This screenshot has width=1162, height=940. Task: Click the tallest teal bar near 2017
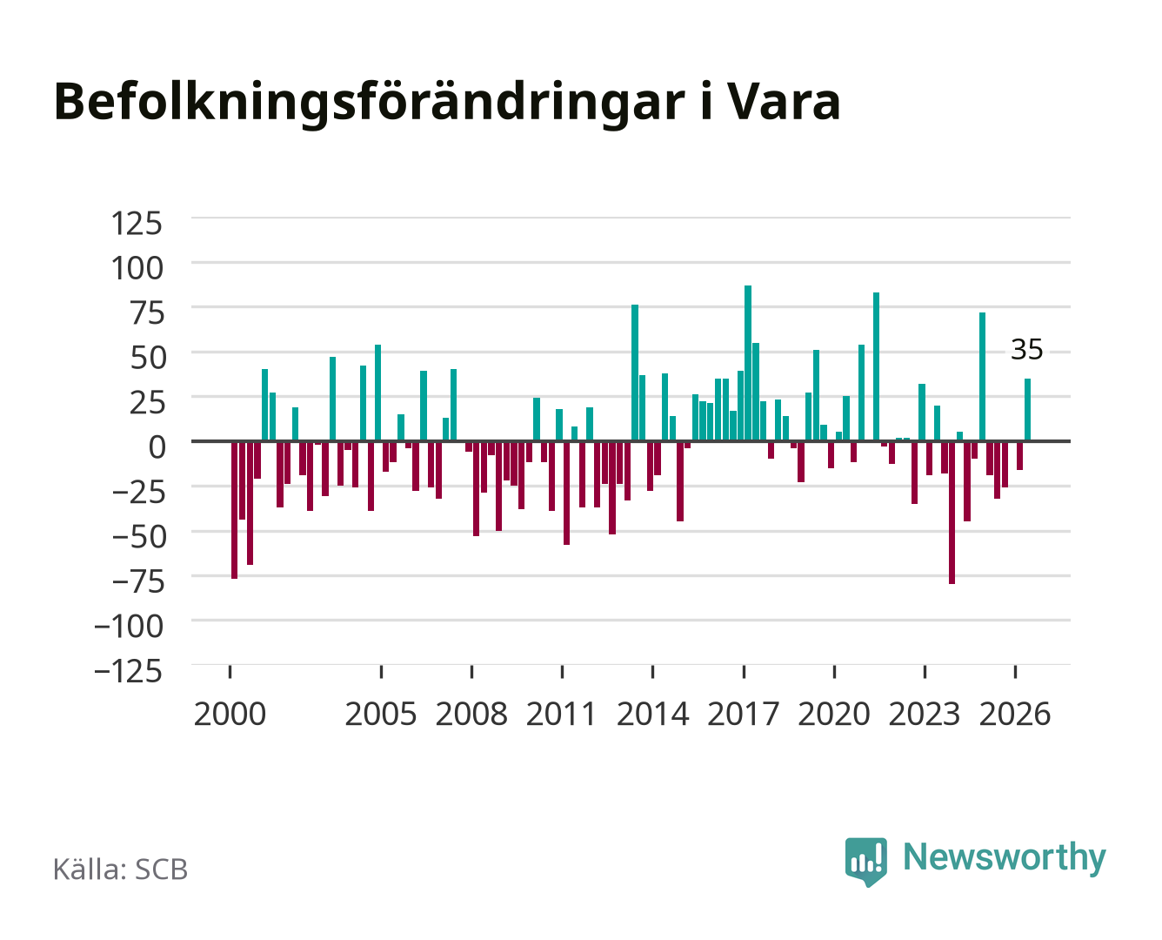click(x=747, y=363)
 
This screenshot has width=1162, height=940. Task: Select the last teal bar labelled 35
click(x=1027, y=409)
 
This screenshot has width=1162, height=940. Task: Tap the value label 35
click(x=1026, y=349)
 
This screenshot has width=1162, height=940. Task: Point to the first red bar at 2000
click(x=235, y=510)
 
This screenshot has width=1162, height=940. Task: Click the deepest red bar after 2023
click(x=952, y=513)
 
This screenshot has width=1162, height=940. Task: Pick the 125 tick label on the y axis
click(x=137, y=224)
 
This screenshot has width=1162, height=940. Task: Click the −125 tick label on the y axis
click(x=128, y=670)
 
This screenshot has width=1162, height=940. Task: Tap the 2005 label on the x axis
click(x=381, y=714)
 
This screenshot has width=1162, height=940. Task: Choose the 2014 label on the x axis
click(x=652, y=714)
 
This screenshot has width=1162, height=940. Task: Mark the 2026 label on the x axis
click(x=1015, y=714)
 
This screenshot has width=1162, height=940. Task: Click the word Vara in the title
click(x=785, y=102)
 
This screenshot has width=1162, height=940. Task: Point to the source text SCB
click(x=162, y=869)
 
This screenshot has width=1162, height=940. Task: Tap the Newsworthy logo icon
click(x=865, y=862)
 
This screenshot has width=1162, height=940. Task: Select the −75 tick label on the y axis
click(x=138, y=581)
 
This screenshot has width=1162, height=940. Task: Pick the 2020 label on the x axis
click(x=833, y=714)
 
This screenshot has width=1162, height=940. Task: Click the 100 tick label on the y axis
click(x=137, y=269)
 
